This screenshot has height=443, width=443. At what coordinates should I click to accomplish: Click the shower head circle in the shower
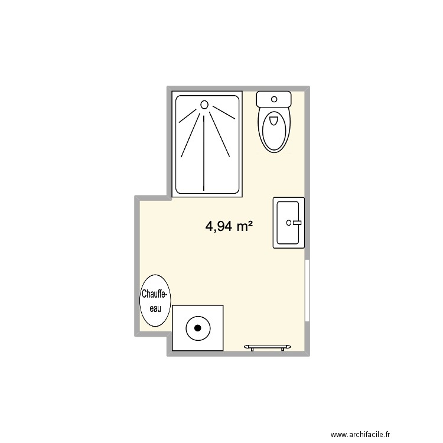205,105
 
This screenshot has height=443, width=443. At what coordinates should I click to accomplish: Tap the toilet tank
273,99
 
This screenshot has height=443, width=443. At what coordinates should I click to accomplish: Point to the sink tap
293,223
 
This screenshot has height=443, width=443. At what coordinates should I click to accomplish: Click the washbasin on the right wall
289,223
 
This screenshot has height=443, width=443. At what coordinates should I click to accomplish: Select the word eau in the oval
155,308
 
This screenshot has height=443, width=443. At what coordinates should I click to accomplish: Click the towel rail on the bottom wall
268,346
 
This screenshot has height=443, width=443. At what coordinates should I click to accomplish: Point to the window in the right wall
307,290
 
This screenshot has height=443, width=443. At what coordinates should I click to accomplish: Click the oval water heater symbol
155,301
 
